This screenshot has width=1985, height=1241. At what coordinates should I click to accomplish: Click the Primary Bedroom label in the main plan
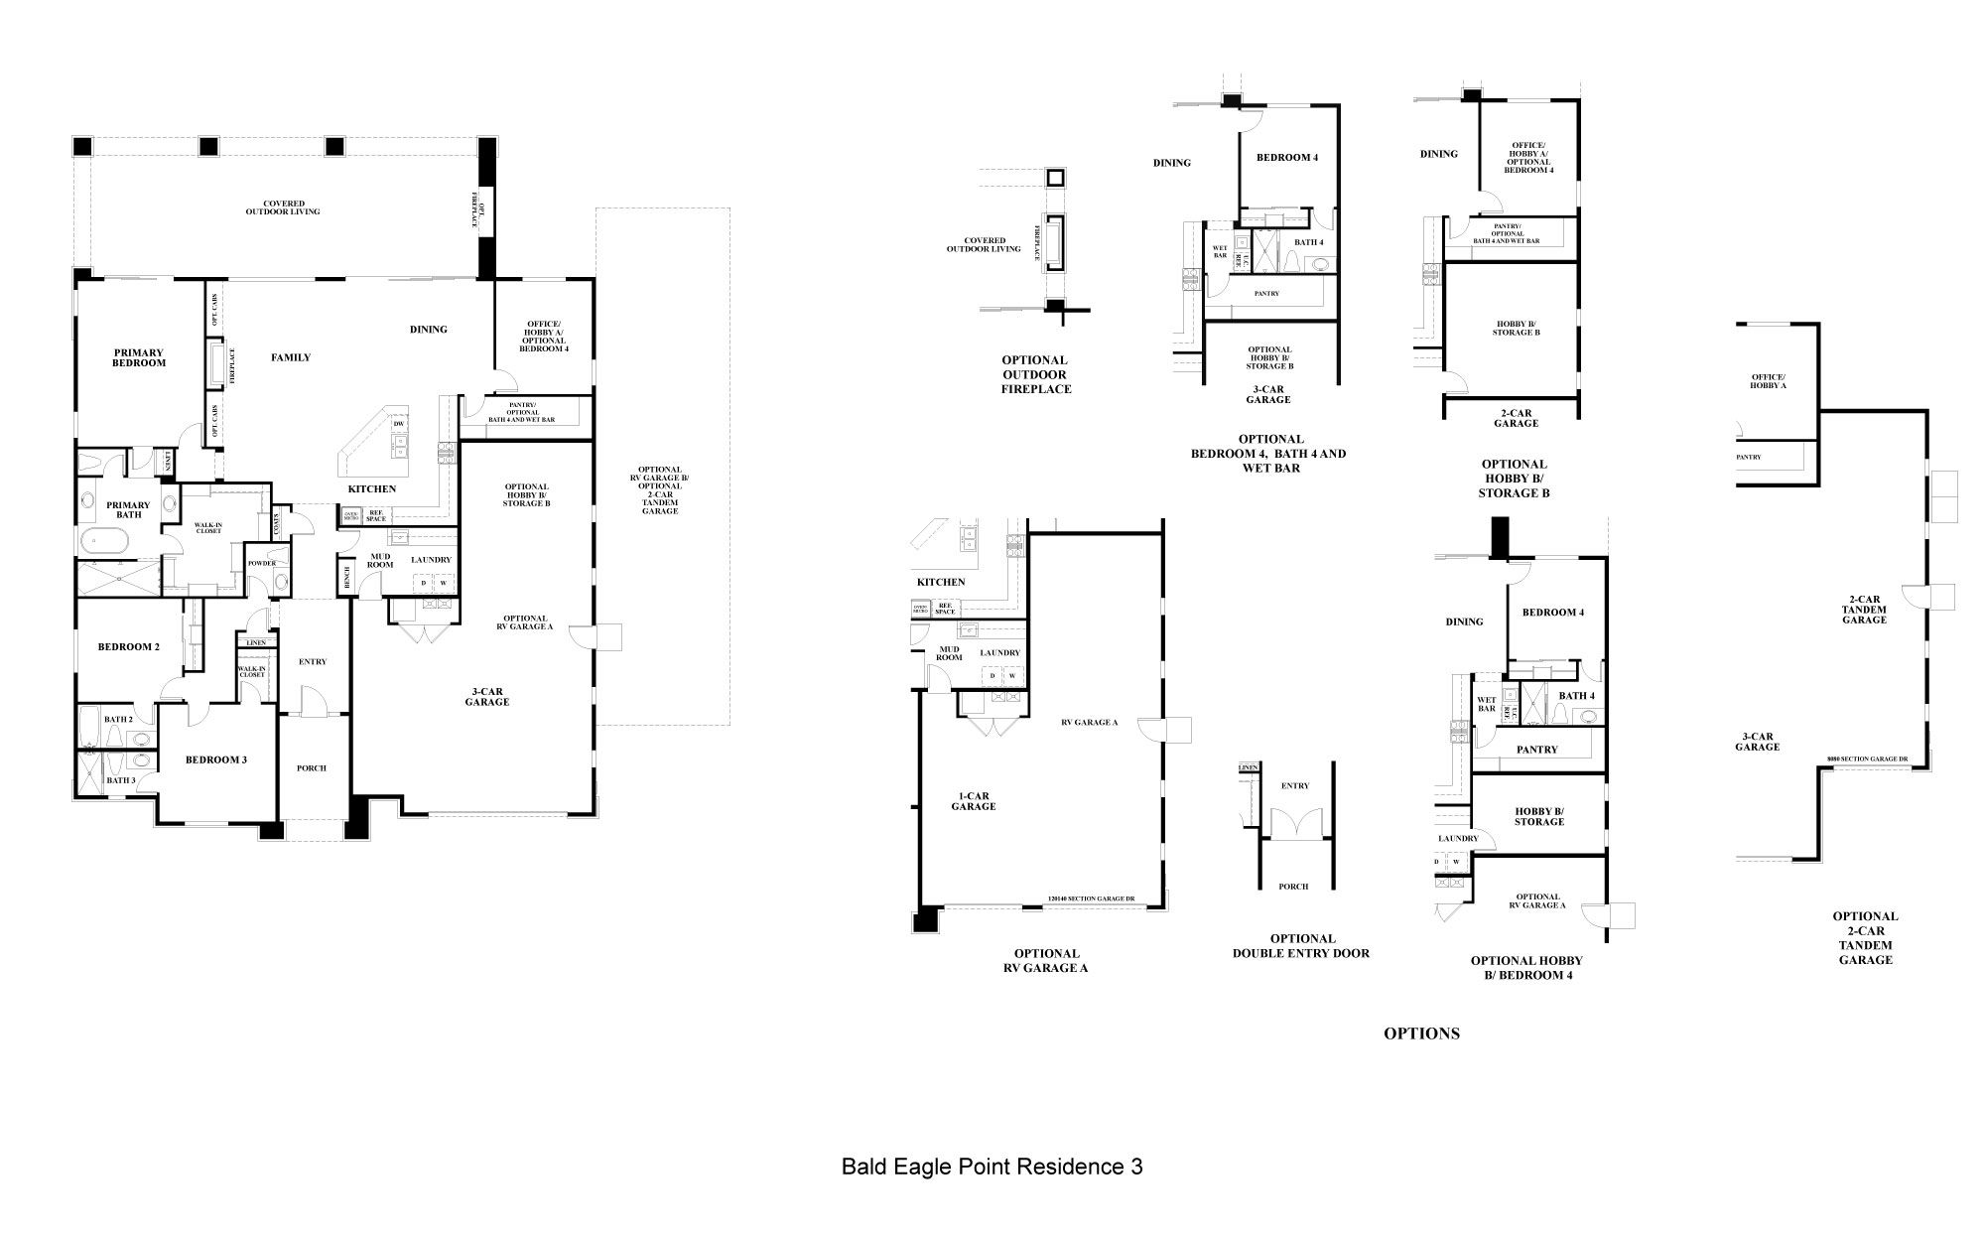pyautogui.click(x=139, y=357)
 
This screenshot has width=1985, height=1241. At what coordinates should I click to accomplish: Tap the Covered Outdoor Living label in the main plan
pyautogui.click(x=284, y=207)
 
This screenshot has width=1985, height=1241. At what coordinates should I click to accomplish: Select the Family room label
pyautogui.click(x=291, y=357)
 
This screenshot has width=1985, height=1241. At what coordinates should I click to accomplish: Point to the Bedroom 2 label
pyautogui.click(x=129, y=647)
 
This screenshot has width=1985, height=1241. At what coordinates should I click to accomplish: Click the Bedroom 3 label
pyautogui.click(x=216, y=759)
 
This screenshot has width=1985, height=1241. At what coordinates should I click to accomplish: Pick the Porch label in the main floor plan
pyautogui.click(x=312, y=767)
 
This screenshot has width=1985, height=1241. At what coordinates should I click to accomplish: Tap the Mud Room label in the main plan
pyautogui.click(x=380, y=560)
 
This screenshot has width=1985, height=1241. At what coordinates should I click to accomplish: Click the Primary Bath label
pyautogui.click(x=129, y=509)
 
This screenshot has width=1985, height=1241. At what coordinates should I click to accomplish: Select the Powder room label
pyautogui.click(x=262, y=563)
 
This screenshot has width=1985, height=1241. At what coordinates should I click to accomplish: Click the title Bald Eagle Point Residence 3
pyautogui.click(x=992, y=1166)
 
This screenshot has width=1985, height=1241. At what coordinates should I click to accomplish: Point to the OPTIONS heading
pyautogui.click(x=1421, y=1034)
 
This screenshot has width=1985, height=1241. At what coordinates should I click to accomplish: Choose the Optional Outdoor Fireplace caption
pyautogui.click(x=1035, y=374)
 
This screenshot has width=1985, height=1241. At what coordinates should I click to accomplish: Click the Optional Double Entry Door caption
pyautogui.click(x=1302, y=945)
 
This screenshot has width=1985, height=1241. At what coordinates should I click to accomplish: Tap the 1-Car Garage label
pyautogui.click(x=974, y=801)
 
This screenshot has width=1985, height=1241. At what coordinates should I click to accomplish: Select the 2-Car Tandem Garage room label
pyautogui.click(x=1864, y=610)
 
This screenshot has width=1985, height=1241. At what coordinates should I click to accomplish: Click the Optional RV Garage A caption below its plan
pyautogui.click(x=1046, y=960)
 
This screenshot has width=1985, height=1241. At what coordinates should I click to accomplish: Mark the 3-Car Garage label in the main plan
pyautogui.click(x=487, y=696)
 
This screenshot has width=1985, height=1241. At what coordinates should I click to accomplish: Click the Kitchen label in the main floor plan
pyautogui.click(x=372, y=488)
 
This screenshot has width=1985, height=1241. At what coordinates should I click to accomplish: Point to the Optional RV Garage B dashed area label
pyautogui.click(x=661, y=489)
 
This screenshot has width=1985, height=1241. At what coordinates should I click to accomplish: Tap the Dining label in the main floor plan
pyautogui.click(x=429, y=330)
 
